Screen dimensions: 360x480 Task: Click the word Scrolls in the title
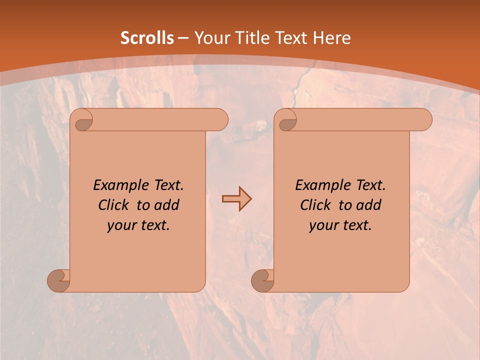coord(147,38)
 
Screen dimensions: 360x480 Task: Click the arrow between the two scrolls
coord(236,199)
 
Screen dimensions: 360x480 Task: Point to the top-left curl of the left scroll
coord(81,120)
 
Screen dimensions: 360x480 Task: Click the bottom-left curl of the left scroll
coord(58,280)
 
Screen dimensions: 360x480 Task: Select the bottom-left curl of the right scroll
coord(262,280)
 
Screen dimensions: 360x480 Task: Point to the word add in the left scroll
coord(166,205)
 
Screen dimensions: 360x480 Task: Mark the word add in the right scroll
coord(368,205)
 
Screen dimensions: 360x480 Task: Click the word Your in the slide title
coord(210,38)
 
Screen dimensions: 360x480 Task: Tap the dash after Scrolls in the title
coord(183,38)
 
